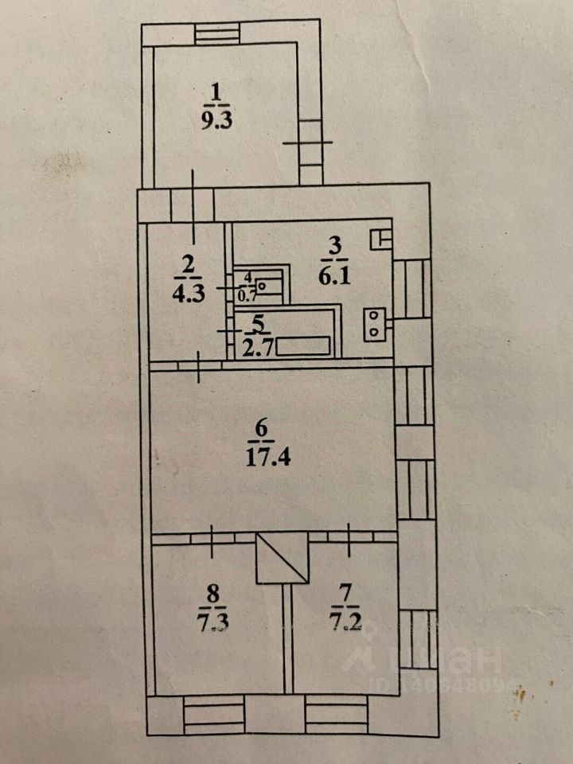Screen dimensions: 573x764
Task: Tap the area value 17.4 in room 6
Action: [x=267, y=458]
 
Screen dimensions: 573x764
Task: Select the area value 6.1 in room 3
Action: [x=335, y=277]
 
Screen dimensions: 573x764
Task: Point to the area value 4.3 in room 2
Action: [x=189, y=294]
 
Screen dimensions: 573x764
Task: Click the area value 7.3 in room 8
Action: [x=213, y=622]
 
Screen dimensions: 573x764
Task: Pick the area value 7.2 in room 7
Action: [x=346, y=622]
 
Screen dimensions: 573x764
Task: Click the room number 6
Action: [x=262, y=429]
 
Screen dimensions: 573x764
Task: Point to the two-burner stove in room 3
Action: [x=374, y=325]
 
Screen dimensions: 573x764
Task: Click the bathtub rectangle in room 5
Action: [x=303, y=346]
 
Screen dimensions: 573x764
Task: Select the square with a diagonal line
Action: [x=282, y=558]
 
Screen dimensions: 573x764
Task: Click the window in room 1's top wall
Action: [x=216, y=34]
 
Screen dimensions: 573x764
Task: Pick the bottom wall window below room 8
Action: [x=214, y=715]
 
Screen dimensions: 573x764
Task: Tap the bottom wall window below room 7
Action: [x=336, y=715]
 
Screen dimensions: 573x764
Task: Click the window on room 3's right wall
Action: [x=412, y=288]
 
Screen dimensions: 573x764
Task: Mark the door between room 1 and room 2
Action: [x=193, y=205]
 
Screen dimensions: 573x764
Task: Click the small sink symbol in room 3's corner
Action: [x=381, y=240]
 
